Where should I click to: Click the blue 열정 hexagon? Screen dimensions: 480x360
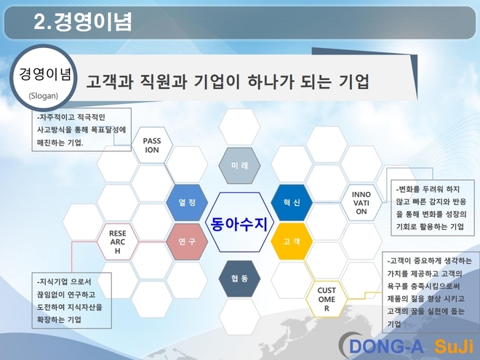[187, 202]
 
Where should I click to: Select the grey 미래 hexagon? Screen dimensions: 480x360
[239, 166]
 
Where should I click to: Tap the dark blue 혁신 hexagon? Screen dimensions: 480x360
[292, 202]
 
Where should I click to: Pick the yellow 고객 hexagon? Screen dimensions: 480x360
[292, 241]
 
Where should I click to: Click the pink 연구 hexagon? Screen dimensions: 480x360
[187, 241]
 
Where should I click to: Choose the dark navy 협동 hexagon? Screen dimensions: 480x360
[239, 279]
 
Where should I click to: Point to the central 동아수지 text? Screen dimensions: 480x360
[239, 224]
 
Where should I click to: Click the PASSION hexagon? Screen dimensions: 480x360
[152, 145]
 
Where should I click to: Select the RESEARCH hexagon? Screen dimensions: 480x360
[118, 242]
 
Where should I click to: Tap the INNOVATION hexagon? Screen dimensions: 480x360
[361, 203]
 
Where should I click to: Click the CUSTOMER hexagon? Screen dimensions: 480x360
[327, 299]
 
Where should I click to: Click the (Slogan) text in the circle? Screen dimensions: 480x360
[43, 96]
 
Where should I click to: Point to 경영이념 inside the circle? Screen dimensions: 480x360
[44, 74]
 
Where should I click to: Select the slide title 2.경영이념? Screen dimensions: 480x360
[83, 22]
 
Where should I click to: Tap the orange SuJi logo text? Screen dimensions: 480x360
[454, 346]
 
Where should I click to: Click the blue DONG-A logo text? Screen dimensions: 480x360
[386, 347]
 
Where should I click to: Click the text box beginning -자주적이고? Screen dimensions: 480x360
[81, 129]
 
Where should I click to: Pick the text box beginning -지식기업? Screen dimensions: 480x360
[71, 300]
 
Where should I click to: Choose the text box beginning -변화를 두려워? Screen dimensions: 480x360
[433, 208]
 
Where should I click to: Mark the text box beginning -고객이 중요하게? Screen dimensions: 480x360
[431, 292]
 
